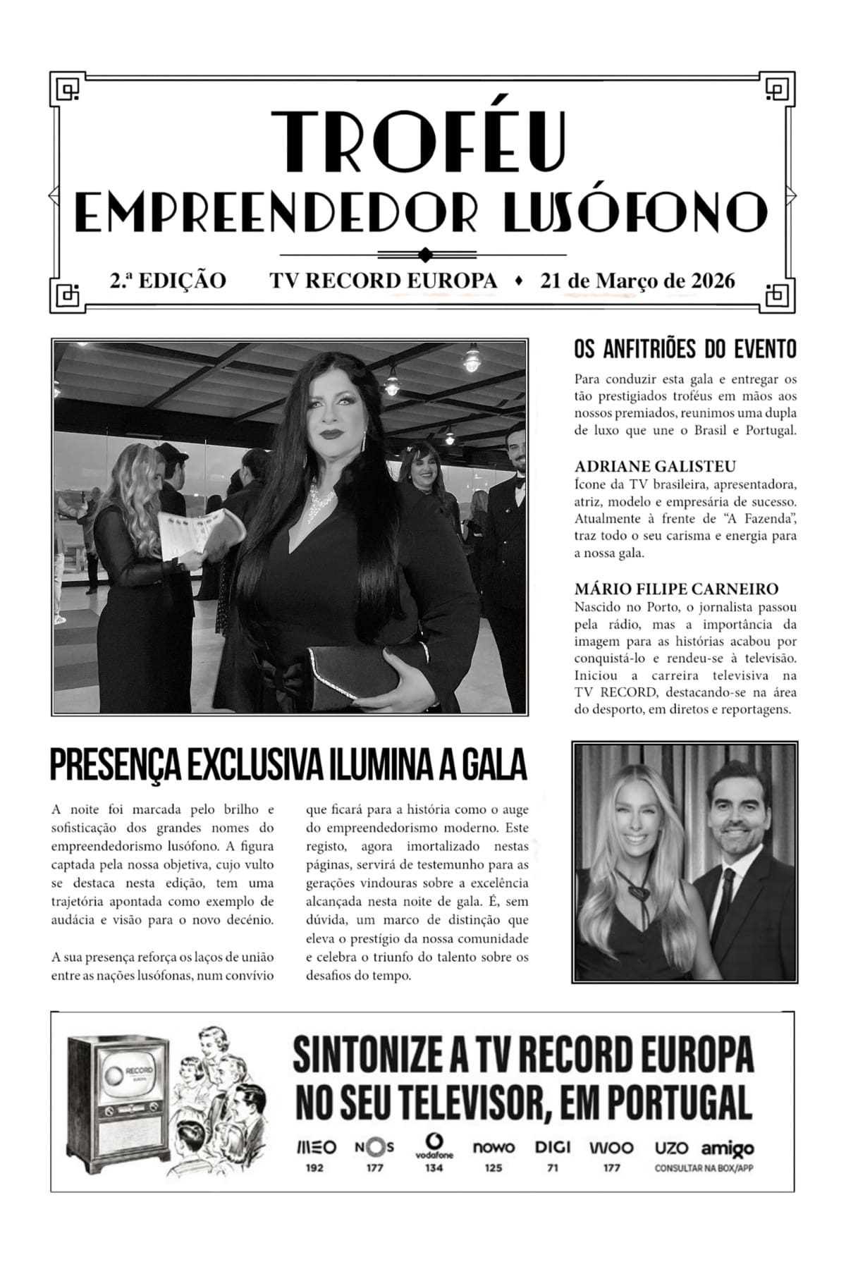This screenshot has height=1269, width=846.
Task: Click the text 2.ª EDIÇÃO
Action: pyautogui.click(x=168, y=281)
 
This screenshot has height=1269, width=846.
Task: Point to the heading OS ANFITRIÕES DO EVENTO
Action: pyautogui.click(x=685, y=349)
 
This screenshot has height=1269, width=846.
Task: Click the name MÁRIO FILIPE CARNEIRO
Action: pyautogui.click(x=676, y=589)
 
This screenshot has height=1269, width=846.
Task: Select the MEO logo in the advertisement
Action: pyautogui.click(x=314, y=1148)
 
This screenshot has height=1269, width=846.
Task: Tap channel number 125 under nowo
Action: pyautogui.click(x=493, y=1168)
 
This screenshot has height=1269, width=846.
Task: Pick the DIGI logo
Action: pyautogui.click(x=553, y=1148)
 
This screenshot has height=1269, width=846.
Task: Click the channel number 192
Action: pyautogui.click(x=314, y=1168)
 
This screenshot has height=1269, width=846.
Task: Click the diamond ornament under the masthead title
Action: pyautogui.click(x=424, y=254)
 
